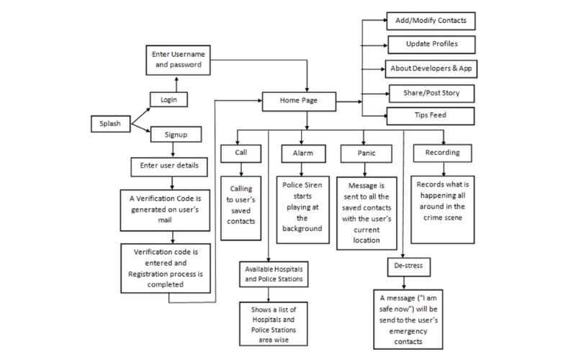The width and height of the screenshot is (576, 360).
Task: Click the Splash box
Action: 110,123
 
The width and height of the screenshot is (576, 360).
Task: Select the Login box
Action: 168,99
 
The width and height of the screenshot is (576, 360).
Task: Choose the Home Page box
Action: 299,102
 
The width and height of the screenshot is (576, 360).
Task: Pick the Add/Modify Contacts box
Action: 431,20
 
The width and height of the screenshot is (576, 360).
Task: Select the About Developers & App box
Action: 432,68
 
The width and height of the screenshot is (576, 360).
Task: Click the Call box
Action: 240,153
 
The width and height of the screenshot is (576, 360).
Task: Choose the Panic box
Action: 365,153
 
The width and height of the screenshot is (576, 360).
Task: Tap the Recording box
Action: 437,153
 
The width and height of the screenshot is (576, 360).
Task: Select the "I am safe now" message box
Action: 408,317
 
